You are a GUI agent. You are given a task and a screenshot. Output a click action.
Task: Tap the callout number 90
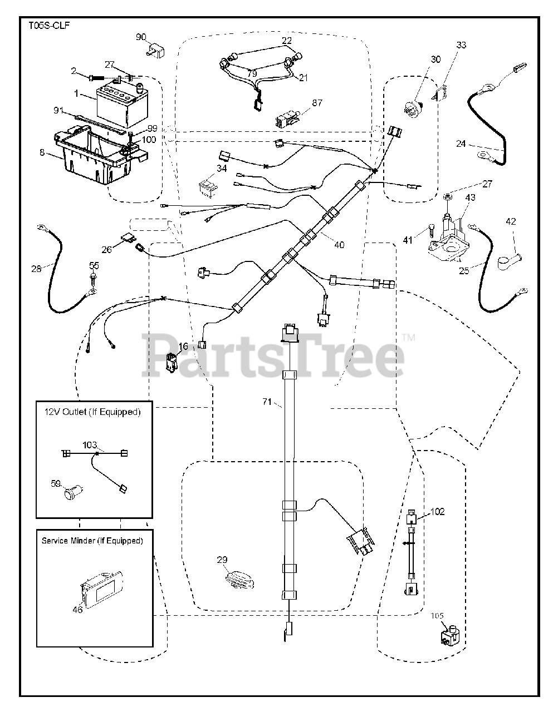141,37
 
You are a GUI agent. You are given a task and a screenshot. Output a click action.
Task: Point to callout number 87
317,103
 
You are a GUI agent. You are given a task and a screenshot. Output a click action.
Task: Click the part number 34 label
222,169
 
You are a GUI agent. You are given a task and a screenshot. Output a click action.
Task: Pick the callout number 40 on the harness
339,244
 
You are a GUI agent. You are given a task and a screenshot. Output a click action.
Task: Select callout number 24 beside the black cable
461,144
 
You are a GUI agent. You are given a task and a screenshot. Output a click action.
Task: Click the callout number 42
511,221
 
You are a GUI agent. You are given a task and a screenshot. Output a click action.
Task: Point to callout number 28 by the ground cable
36,269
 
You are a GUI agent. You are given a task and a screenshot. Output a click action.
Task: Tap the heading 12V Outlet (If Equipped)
92,412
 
